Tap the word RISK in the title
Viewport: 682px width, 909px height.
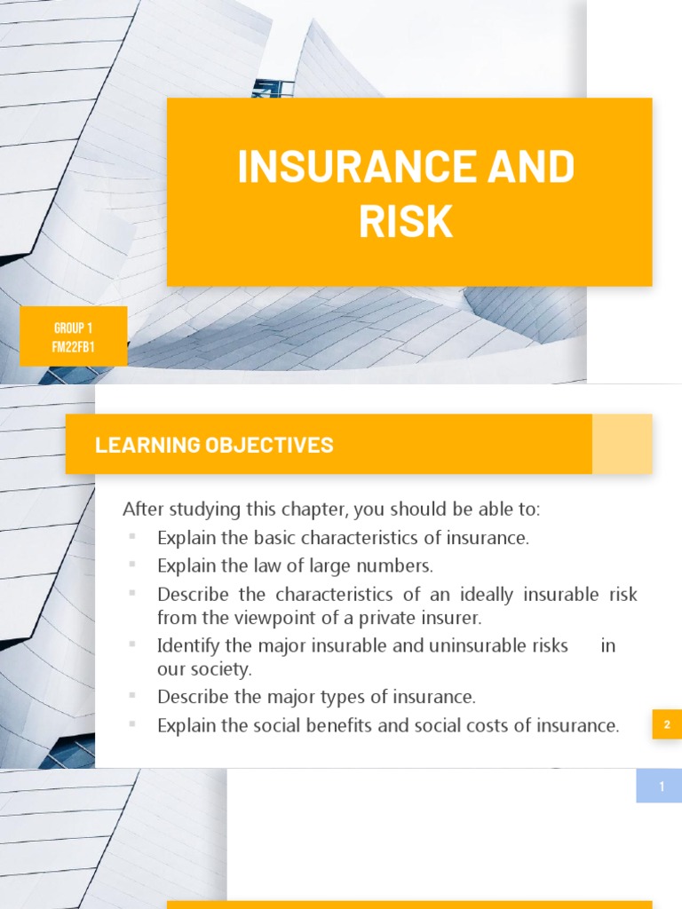[406, 221]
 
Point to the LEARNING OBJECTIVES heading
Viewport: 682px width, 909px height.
[214, 445]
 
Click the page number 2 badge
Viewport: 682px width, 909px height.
[666, 725]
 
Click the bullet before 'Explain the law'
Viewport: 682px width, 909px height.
[132, 565]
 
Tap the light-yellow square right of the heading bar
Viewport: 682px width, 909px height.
[623, 444]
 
